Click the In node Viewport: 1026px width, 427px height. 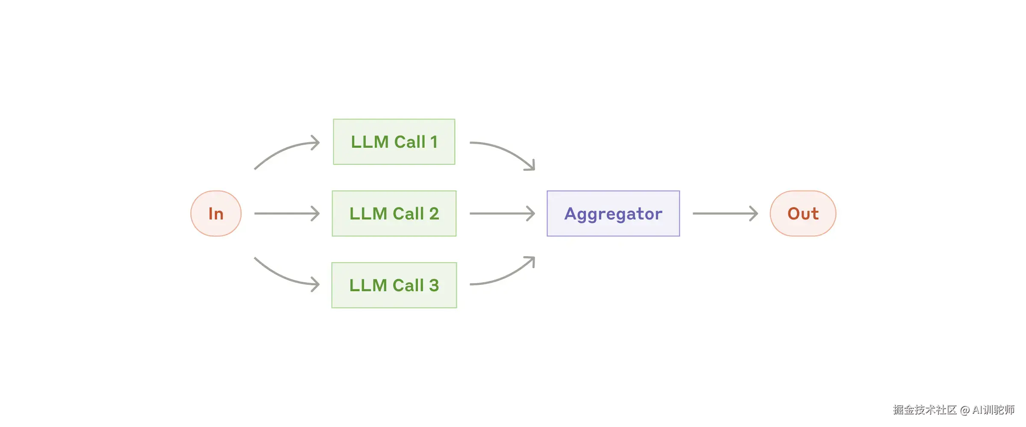(x=216, y=213)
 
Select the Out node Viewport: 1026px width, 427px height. (x=803, y=213)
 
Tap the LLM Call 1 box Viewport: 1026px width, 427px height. (x=394, y=142)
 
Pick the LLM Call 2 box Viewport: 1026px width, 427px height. (x=394, y=213)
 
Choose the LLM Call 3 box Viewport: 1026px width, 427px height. (x=394, y=285)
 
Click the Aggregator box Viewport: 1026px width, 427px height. (x=613, y=213)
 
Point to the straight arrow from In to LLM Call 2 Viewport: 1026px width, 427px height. (x=286, y=213)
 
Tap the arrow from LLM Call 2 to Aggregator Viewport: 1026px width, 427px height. (x=502, y=213)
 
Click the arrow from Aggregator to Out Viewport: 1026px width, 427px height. (x=725, y=213)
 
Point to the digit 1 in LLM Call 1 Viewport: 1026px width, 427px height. (x=434, y=142)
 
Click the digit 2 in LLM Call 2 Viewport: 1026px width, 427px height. (x=434, y=213)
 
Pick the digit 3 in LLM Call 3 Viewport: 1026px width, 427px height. (x=434, y=285)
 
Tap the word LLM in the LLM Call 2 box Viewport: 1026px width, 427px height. (x=368, y=213)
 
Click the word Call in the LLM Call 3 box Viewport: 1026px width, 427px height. (x=408, y=285)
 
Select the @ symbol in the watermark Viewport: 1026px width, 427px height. (x=964, y=410)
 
